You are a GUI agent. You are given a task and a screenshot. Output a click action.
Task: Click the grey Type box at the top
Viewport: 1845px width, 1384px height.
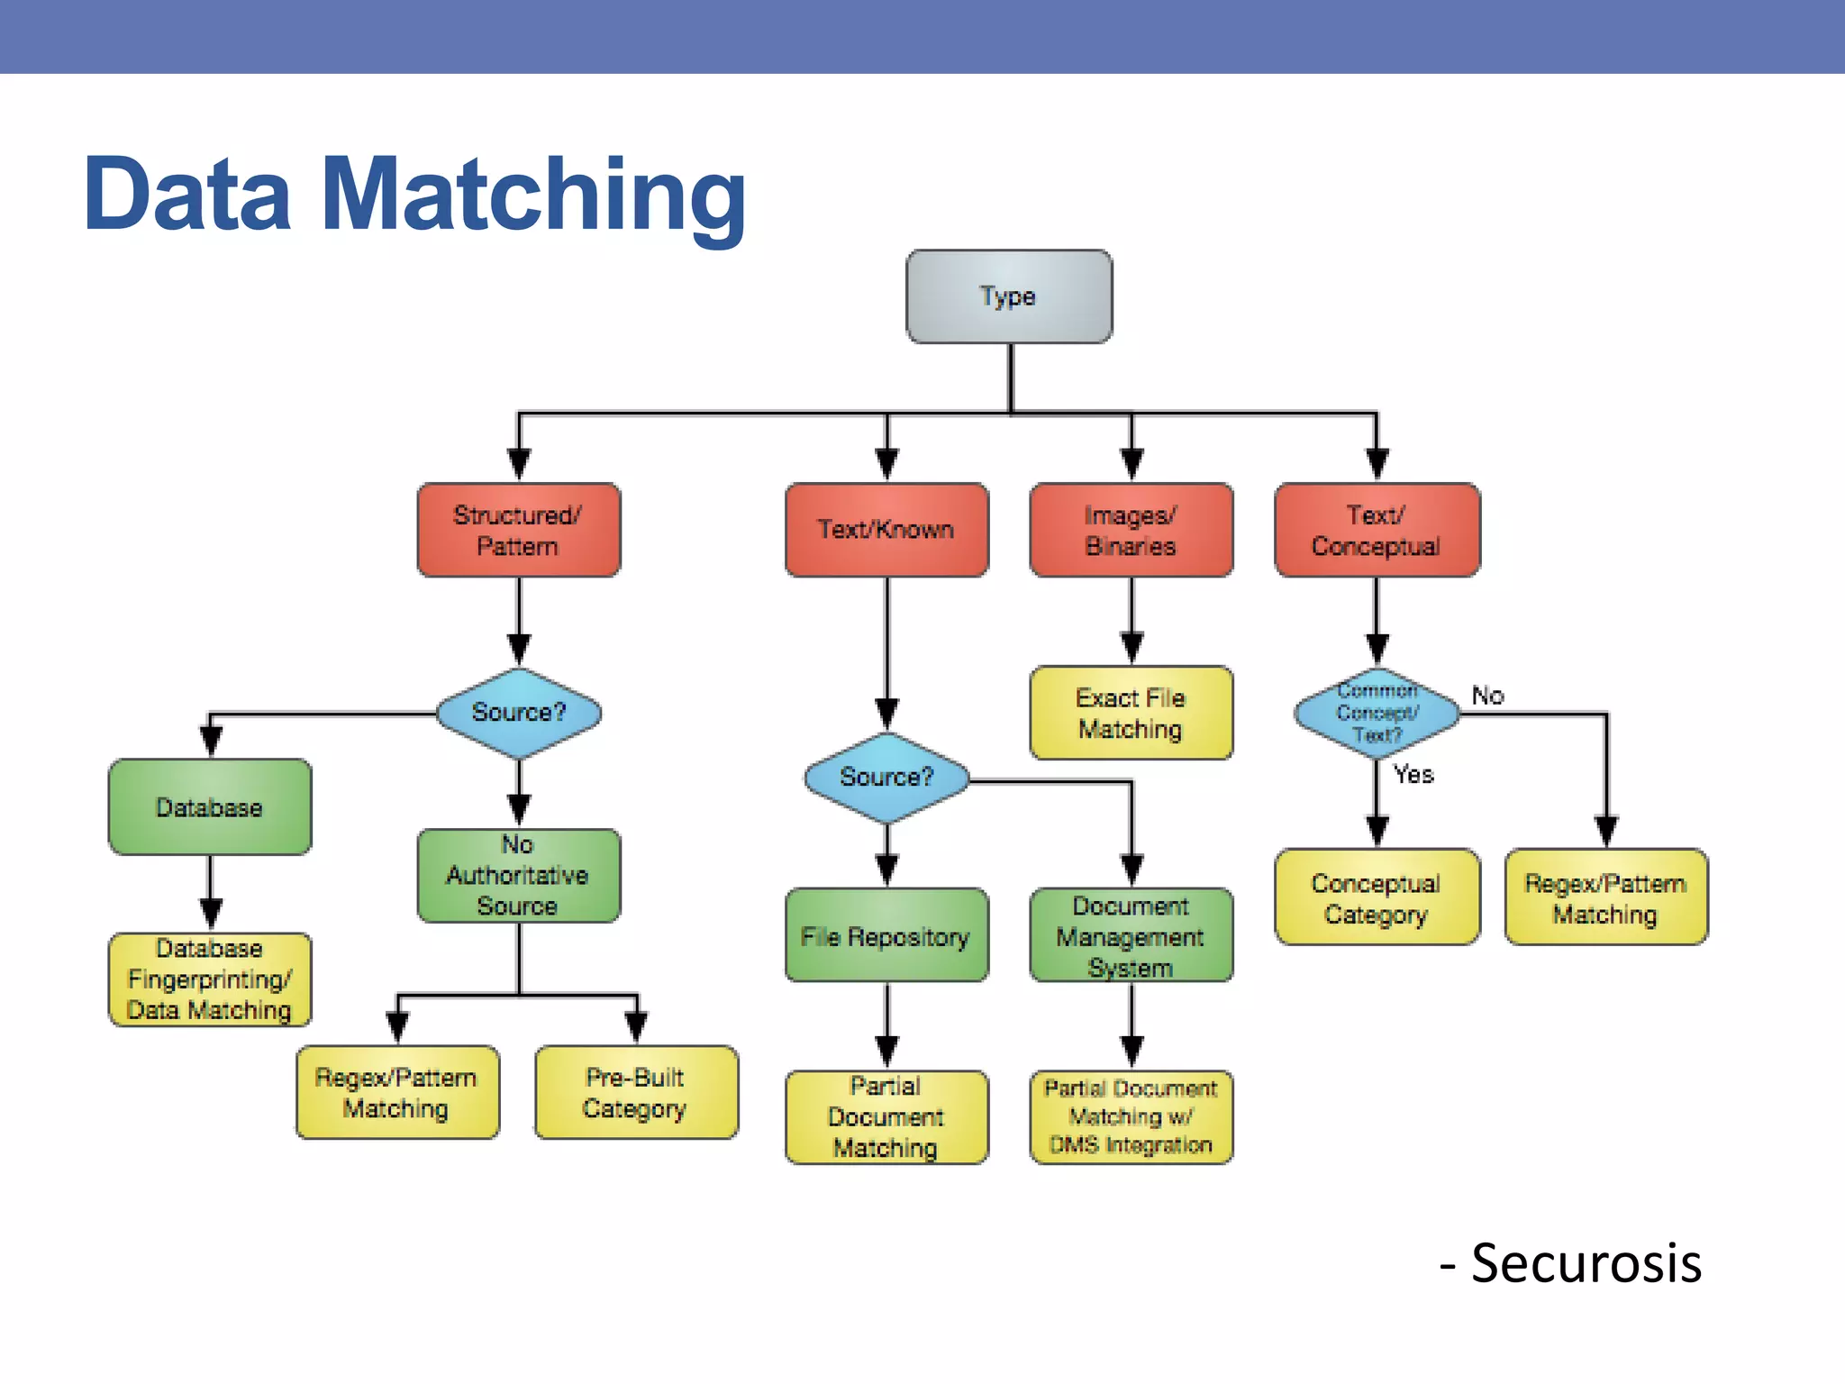click(1009, 296)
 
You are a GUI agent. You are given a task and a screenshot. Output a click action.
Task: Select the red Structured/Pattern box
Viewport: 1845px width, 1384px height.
click(518, 530)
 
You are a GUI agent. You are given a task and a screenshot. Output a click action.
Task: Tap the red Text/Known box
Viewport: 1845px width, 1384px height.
click(886, 530)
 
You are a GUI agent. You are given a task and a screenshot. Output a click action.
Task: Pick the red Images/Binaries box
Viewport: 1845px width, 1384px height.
click(1132, 530)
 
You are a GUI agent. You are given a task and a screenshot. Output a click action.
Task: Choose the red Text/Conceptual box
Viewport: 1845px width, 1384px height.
click(1377, 530)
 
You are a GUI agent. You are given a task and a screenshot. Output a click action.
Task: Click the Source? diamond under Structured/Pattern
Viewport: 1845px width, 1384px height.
click(519, 713)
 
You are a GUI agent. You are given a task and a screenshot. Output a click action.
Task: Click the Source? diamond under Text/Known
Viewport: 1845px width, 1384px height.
click(886, 778)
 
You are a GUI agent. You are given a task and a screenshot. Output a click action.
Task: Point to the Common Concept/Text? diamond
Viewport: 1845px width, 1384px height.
click(1377, 713)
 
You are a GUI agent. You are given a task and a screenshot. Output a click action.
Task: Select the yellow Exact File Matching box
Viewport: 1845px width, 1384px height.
click(1132, 713)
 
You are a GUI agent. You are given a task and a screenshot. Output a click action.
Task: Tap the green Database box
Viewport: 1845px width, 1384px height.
click(210, 807)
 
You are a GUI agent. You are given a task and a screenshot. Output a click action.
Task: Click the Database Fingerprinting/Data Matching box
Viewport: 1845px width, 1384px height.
click(210, 979)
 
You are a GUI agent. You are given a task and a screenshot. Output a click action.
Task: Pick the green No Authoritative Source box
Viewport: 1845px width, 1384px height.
click(518, 876)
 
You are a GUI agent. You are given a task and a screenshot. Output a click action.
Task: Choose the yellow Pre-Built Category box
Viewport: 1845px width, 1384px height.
click(636, 1092)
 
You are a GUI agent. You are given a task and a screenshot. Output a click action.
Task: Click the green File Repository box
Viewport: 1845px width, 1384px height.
click(886, 936)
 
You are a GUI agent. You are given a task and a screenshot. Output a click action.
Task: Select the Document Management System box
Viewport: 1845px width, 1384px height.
click(1132, 936)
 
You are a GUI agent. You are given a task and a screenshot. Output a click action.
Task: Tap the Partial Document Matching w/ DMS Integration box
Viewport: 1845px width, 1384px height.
click(1132, 1117)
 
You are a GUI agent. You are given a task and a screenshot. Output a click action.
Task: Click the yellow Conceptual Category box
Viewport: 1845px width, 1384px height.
click(1377, 897)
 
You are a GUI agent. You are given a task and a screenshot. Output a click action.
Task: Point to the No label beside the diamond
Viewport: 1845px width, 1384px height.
click(1487, 696)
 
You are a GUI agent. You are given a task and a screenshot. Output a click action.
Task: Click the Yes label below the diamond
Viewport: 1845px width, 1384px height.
click(1413, 774)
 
